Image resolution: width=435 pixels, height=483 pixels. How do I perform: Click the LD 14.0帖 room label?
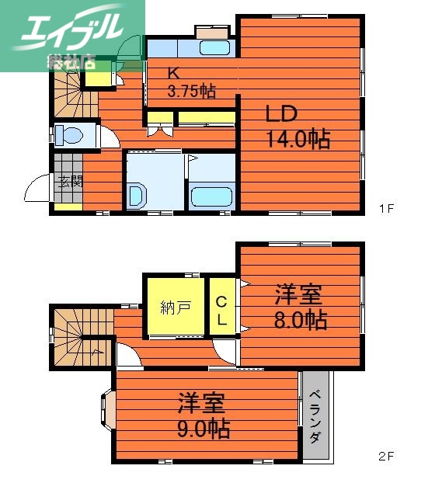point(298,127)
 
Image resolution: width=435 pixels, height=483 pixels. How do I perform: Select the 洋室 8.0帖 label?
point(299,307)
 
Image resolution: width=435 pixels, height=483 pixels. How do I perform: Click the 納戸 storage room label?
point(176,307)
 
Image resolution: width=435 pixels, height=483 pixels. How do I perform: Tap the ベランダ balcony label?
point(315,416)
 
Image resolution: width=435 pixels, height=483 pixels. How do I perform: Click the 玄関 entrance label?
point(69,183)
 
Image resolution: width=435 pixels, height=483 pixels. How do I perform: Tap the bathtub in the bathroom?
point(211,196)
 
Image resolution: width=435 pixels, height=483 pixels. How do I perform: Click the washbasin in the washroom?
point(137,195)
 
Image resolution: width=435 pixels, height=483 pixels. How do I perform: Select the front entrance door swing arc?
point(37,188)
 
